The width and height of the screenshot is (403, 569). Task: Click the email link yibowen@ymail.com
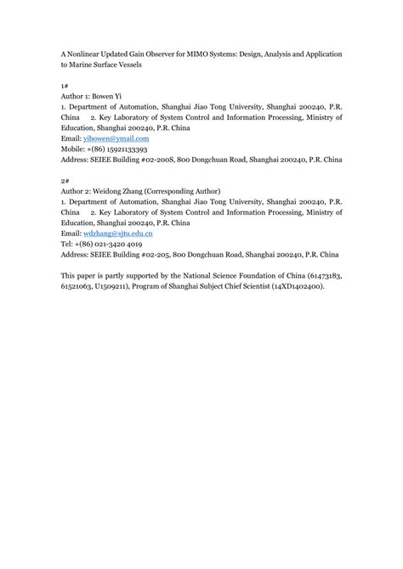[x=115, y=138]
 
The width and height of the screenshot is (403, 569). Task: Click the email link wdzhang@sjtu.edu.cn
[x=117, y=233]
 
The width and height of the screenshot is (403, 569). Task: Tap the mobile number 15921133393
[x=129, y=149]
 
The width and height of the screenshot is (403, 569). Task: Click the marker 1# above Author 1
[x=65, y=85]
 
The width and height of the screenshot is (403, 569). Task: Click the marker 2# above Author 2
[x=65, y=180]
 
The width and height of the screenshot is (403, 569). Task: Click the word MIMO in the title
[x=207, y=54]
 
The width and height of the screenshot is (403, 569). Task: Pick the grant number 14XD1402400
[x=296, y=286]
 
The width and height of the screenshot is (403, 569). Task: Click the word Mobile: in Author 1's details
[x=73, y=149]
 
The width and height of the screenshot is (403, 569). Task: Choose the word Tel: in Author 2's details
[x=67, y=244]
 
